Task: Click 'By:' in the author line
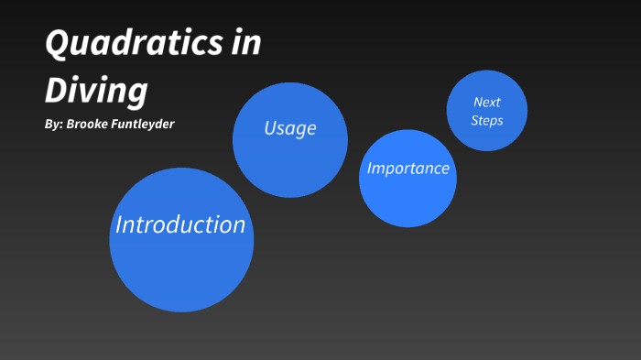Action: point(53,123)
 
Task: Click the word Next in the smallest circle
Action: point(486,102)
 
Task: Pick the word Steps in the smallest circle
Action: point(486,120)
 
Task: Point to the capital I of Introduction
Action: point(118,224)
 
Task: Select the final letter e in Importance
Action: point(444,169)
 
